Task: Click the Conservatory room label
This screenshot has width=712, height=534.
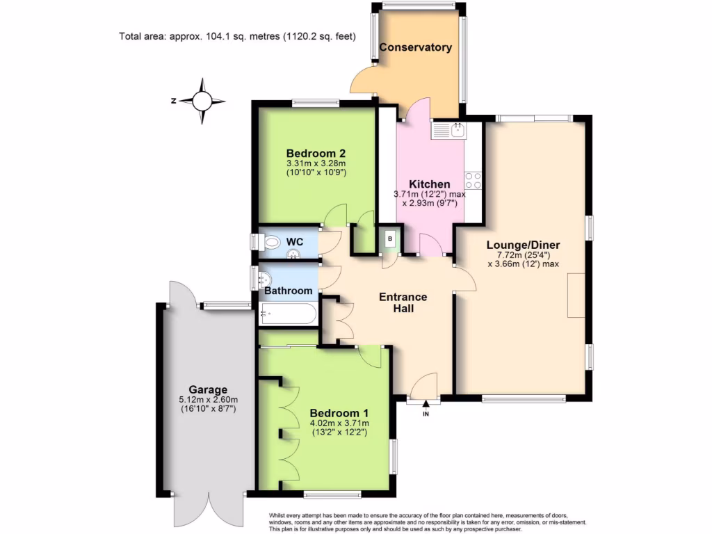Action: (415, 47)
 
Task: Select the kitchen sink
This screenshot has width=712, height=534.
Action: (457, 129)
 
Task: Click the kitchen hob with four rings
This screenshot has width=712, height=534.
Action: (474, 180)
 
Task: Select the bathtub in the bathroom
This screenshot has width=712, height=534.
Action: (287, 314)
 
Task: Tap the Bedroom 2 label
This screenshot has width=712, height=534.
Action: (316, 153)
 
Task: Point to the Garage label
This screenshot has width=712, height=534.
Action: (208, 389)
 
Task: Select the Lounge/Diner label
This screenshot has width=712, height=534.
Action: (523, 245)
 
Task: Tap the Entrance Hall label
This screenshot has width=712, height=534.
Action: (403, 302)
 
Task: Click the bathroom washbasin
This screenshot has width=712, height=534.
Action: (265, 279)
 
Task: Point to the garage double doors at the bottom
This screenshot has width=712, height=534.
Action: (208, 511)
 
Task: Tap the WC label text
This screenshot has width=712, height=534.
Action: (296, 241)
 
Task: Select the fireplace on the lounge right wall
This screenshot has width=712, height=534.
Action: (576, 296)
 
